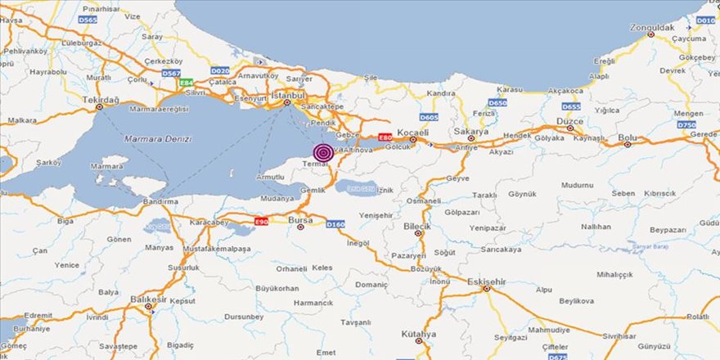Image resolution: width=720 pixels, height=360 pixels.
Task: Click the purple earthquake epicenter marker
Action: (323, 152)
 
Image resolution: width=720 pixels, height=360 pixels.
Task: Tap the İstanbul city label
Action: (288, 96)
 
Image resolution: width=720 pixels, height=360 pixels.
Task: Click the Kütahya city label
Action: (419, 334)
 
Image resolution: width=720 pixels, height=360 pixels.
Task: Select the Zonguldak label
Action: (651, 27)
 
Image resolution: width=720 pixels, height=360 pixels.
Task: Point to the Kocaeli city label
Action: (413, 132)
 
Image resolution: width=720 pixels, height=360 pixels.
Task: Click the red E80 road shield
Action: (384, 137)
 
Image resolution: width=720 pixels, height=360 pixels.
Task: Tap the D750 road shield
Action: (686, 124)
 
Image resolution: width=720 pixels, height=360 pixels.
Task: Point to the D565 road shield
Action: (88, 19)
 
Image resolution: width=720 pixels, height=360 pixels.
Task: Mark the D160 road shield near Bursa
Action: (335, 223)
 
